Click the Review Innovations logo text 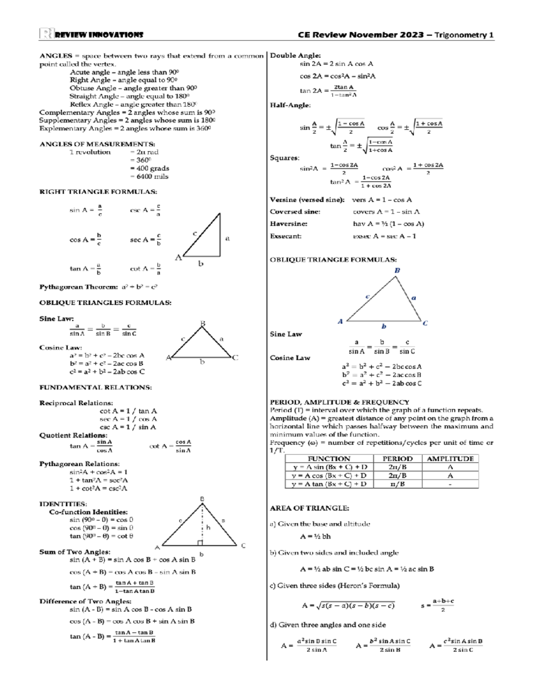[98, 35]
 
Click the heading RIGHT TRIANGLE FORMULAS [98, 192]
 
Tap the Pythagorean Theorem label [79, 287]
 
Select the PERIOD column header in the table [398, 459]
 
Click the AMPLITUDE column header [450, 459]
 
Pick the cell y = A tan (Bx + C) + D [329, 484]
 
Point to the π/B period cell [398, 484]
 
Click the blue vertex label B [397, 270]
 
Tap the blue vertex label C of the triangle [425, 323]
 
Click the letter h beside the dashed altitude [208, 527]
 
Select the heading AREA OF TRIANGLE [310, 508]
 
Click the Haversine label [289, 224]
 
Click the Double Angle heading [295, 56]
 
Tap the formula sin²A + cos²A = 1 [99, 472]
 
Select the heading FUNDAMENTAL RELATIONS [95, 387]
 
